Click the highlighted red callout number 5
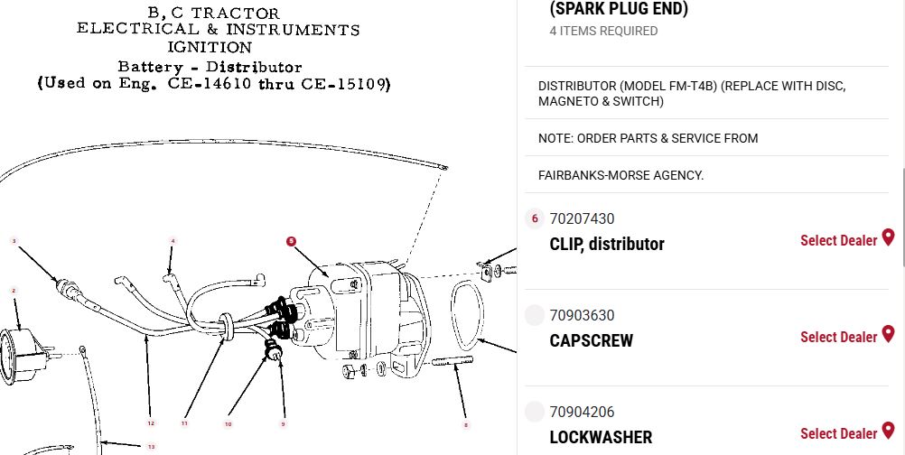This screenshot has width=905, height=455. (x=292, y=241)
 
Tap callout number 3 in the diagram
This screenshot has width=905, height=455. (x=14, y=241)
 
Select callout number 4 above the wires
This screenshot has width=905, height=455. (x=173, y=241)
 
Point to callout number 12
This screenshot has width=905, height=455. (x=151, y=423)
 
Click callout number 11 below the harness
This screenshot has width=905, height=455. (x=184, y=423)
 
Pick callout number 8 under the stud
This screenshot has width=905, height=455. (x=466, y=425)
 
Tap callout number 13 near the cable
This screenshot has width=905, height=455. (x=151, y=447)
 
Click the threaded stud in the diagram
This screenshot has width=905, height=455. (x=452, y=362)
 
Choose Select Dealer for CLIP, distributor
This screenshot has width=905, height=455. (x=839, y=240)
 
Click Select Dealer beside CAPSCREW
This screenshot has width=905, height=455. (x=839, y=337)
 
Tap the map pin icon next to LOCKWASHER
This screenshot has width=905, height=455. (x=888, y=431)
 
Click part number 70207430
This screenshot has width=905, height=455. (x=582, y=219)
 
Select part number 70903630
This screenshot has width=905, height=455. (x=582, y=315)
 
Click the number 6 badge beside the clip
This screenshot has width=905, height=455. (x=535, y=218)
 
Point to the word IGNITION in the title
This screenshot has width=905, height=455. (x=210, y=47)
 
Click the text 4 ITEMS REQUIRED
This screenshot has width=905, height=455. (x=603, y=31)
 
